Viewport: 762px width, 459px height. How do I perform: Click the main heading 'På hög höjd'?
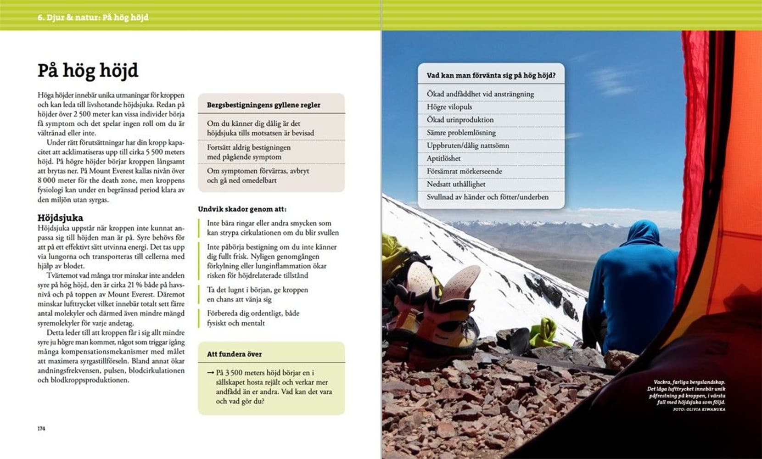(88, 71)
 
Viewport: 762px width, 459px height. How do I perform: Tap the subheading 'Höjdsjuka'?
(60, 218)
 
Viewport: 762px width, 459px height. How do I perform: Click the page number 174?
(41, 429)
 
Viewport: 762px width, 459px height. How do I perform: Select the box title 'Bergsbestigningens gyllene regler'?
(263, 105)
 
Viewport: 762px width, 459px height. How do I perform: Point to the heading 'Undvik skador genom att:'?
(242, 209)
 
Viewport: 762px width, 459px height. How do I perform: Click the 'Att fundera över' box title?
(234, 354)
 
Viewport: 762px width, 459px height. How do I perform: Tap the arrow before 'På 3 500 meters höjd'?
(211, 373)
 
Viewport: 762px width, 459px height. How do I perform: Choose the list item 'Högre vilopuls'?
(449, 107)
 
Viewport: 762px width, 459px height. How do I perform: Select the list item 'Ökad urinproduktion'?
(460, 120)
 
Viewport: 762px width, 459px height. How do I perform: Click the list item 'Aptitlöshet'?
(443, 158)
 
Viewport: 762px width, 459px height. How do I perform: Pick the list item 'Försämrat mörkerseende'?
(465, 171)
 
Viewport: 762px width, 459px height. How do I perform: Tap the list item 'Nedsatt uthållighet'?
(456, 184)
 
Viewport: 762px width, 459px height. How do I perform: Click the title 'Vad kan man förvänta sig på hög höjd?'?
(491, 76)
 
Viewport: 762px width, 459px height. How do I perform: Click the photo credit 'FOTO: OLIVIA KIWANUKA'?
(699, 409)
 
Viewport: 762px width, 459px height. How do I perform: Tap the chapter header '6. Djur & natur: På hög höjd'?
(93, 17)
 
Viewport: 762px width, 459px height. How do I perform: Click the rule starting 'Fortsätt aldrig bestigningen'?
(248, 152)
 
